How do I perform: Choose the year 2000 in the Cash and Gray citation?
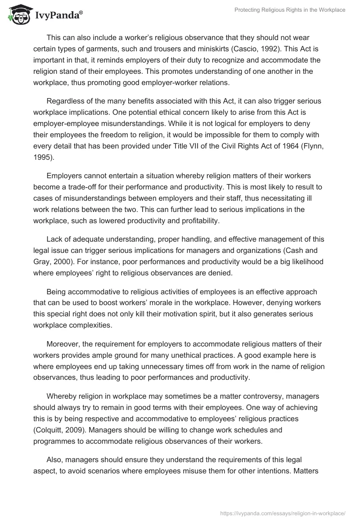click(61, 250)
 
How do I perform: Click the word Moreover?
click(63, 344)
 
